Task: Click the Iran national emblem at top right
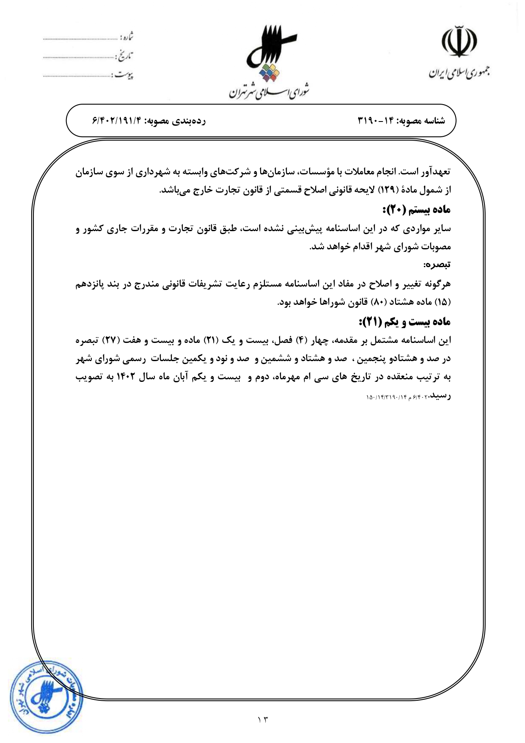click(459, 43)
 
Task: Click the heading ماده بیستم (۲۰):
click(416, 210)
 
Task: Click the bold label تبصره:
click(437, 265)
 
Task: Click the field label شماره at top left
click(126, 37)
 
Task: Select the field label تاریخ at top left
click(125, 56)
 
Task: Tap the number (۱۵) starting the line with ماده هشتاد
click(443, 303)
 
